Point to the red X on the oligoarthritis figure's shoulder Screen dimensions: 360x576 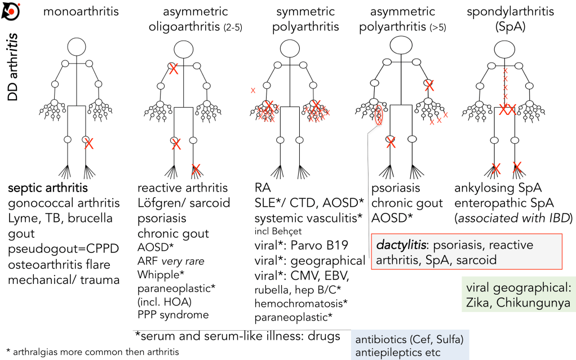(x=174, y=69)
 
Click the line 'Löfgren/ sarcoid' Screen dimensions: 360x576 (x=180, y=203)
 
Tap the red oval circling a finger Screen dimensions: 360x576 (x=379, y=117)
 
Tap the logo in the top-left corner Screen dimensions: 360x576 (x=12, y=10)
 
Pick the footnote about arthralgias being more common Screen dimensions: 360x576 (x=92, y=352)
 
